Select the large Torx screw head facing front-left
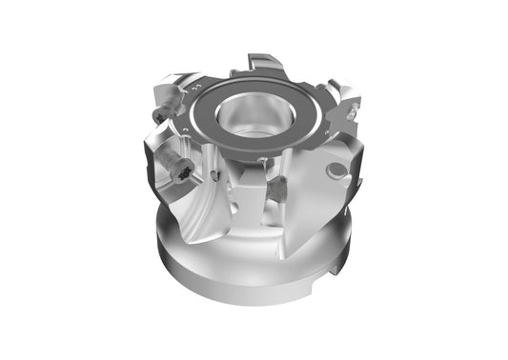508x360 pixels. [181, 171]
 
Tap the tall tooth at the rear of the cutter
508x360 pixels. [260, 68]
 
